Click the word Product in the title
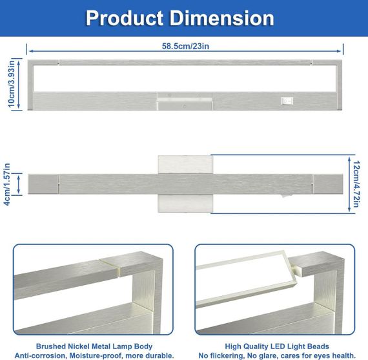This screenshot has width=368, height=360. tap(125, 18)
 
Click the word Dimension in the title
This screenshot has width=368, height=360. tap(222, 18)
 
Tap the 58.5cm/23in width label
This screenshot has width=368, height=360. tap(185, 46)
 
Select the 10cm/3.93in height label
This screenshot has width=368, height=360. tap(11, 84)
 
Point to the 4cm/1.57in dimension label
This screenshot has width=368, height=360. tap(7, 184)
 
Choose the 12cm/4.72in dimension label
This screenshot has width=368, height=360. tap(356, 184)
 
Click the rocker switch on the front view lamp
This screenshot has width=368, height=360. tap(287, 101)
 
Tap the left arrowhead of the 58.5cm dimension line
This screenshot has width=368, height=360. tap(31, 51)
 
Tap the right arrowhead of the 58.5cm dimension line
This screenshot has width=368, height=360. tap(339, 51)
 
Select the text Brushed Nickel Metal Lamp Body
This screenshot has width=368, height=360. tap(94, 346)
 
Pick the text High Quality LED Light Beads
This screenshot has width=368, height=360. tap(277, 346)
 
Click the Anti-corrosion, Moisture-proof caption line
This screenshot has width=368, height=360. tap(94, 355)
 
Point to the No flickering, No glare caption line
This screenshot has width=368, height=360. tap(277, 355)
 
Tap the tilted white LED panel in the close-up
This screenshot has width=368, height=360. tap(244, 280)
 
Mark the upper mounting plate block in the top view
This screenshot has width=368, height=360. tap(185, 165)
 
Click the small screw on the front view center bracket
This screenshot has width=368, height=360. tap(184, 106)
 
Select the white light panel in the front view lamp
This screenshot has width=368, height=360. tap(184, 78)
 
